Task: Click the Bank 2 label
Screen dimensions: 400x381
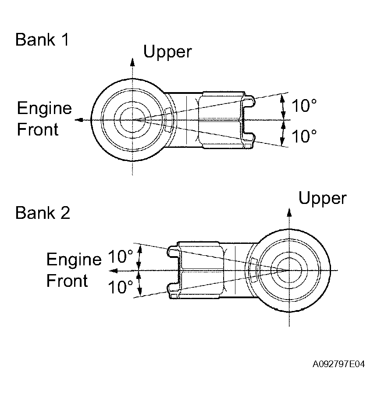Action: tap(42, 213)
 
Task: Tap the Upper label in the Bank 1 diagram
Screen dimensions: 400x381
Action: tap(167, 52)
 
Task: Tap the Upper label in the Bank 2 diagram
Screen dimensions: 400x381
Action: tap(322, 198)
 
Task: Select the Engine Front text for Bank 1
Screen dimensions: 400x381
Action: tap(44, 119)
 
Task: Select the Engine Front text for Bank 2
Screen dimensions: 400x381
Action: tap(74, 270)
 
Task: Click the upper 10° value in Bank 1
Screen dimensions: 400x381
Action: tap(304, 106)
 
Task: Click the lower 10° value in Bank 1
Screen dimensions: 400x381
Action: tap(304, 136)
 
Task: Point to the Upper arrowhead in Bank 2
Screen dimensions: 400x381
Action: tap(289, 211)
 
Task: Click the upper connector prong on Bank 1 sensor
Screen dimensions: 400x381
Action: tap(249, 102)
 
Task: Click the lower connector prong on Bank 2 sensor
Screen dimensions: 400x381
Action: tap(172, 289)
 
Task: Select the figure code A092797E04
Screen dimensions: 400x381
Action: tap(339, 364)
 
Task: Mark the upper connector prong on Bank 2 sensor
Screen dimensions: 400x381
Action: tap(172, 252)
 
